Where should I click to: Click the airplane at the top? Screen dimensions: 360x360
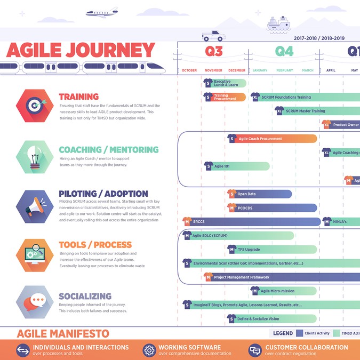[x=102, y=12]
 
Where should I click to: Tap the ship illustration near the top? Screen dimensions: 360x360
[x=278, y=22]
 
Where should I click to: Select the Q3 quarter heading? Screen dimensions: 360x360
[x=213, y=51]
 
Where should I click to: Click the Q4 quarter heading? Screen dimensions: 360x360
[x=284, y=51]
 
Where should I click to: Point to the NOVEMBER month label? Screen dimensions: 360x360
[x=213, y=70]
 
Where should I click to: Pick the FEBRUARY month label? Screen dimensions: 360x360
[x=284, y=70]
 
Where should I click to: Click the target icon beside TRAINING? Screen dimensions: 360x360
[x=34, y=105]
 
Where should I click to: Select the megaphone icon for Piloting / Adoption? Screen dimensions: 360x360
[x=34, y=205]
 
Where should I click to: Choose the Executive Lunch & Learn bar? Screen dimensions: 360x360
[x=225, y=83]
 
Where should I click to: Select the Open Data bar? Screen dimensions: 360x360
[x=260, y=194]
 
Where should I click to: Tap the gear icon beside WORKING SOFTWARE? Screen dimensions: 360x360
[x=149, y=350]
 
